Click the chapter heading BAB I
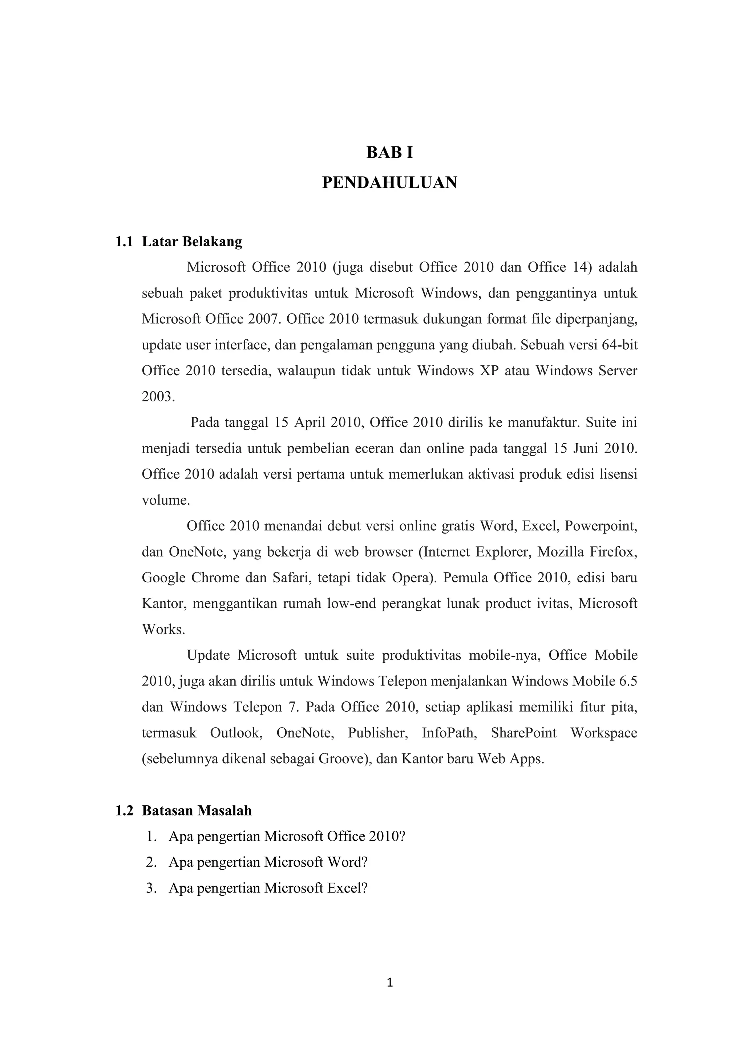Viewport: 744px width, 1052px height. coord(390,153)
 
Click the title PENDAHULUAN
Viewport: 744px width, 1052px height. coord(390,182)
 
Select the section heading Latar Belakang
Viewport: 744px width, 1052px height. coord(192,242)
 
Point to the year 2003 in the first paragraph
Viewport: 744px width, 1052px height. coord(158,397)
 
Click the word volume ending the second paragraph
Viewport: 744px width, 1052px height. coord(165,500)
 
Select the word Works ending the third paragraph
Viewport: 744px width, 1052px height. coord(163,630)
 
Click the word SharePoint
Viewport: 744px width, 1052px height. coord(523,733)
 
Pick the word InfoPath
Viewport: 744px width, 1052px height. coord(449,733)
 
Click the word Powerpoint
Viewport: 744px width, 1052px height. coord(600,526)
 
